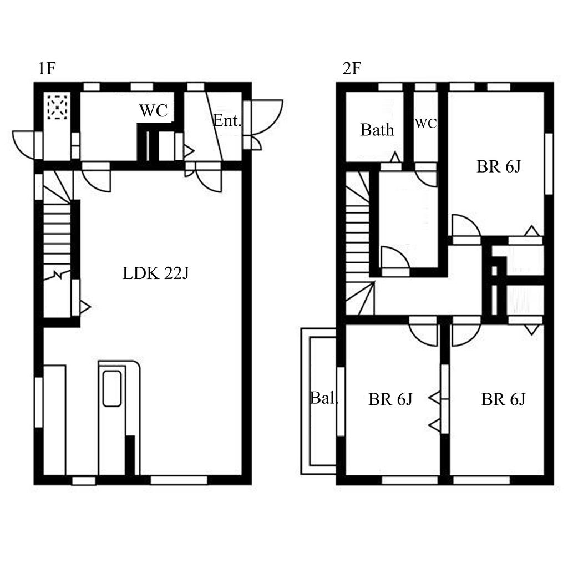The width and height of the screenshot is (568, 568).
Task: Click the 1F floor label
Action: click(x=47, y=68)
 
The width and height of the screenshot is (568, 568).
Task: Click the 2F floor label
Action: click(x=352, y=68)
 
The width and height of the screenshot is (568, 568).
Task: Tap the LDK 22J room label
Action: click(x=156, y=273)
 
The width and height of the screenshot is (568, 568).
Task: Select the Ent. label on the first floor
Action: click(x=227, y=120)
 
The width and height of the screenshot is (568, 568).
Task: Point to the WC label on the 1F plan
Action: click(x=154, y=110)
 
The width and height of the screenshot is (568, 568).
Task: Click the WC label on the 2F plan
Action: click(x=425, y=123)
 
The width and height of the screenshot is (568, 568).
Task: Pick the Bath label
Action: click(x=377, y=130)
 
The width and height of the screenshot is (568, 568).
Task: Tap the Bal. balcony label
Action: click(x=324, y=398)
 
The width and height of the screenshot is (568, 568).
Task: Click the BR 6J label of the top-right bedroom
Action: click(x=499, y=166)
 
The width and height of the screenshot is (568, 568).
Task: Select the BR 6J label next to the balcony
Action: click(x=390, y=399)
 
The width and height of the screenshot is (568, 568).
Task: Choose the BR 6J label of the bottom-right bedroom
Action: click(x=503, y=399)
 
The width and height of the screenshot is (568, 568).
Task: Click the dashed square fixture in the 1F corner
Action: click(x=58, y=107)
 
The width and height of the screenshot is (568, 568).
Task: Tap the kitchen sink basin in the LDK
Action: click(x=112, y=388)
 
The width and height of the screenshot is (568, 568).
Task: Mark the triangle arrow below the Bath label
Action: click(x=395, y=157)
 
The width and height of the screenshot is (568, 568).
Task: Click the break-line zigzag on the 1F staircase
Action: click(x=57, y=275)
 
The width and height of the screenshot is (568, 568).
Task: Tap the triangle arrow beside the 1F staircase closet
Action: click(x=85, y=307)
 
